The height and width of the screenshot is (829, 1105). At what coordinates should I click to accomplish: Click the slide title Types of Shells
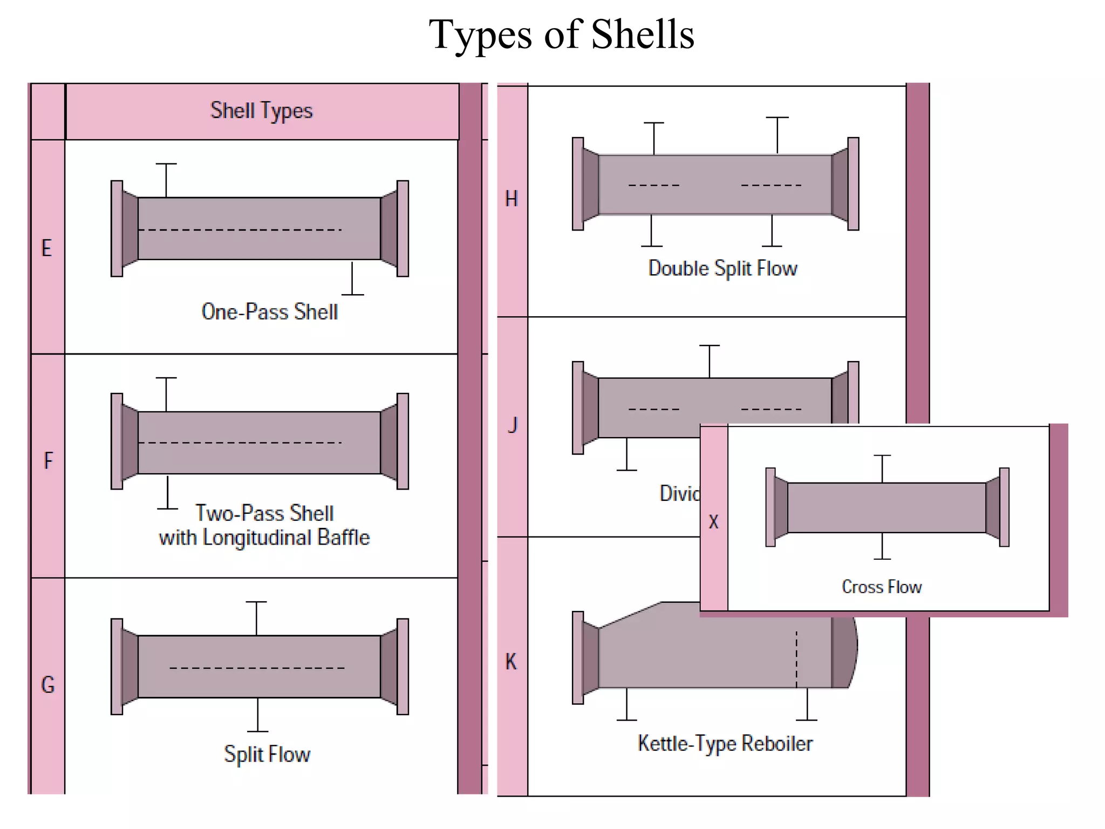point(561,35)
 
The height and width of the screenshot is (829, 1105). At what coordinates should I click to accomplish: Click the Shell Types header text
point(261,111)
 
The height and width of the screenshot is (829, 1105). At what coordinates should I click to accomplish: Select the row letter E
point(47,248)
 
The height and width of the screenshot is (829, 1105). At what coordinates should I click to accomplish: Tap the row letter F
point(48,461)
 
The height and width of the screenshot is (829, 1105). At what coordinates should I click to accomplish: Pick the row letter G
point(47,685)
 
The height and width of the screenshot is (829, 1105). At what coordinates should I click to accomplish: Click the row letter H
point(511,199)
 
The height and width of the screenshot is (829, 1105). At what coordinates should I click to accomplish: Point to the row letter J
point(512,425)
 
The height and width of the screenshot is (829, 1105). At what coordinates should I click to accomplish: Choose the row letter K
point(510,662)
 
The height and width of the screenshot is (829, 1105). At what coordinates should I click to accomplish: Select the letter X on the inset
point(713,522)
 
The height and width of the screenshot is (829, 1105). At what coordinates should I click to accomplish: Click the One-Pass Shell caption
point(269,312)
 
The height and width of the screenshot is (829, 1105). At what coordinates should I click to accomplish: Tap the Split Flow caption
point(267,754)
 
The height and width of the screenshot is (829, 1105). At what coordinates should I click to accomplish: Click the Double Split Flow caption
point(722,268)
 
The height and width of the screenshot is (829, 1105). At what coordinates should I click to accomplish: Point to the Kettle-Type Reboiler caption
point(725,743)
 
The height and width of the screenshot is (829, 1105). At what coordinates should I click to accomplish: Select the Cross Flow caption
point(882,587)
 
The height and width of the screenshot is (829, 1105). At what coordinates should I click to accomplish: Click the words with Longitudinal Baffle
point(264,538)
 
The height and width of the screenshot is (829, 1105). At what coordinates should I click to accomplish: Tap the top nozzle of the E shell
point(166,179)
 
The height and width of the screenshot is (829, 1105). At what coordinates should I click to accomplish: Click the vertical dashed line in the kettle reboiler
point(796,659)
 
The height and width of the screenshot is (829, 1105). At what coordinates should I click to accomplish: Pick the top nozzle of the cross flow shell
point(882,468)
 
